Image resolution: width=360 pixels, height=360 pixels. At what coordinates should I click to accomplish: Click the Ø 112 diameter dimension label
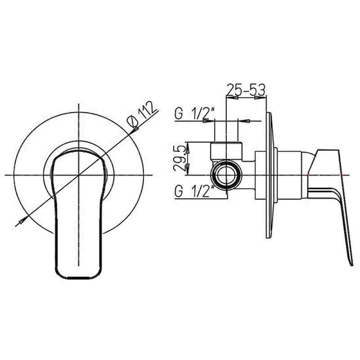[142, 114]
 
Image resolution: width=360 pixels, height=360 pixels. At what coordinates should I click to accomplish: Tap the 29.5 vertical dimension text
[179, 158]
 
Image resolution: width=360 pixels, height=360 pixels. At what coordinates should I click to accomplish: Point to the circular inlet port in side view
[226, 175]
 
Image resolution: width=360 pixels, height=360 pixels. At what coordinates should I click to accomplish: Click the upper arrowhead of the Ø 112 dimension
[135, 130]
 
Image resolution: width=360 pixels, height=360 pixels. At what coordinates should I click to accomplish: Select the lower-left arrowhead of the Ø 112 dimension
[22, 221]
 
